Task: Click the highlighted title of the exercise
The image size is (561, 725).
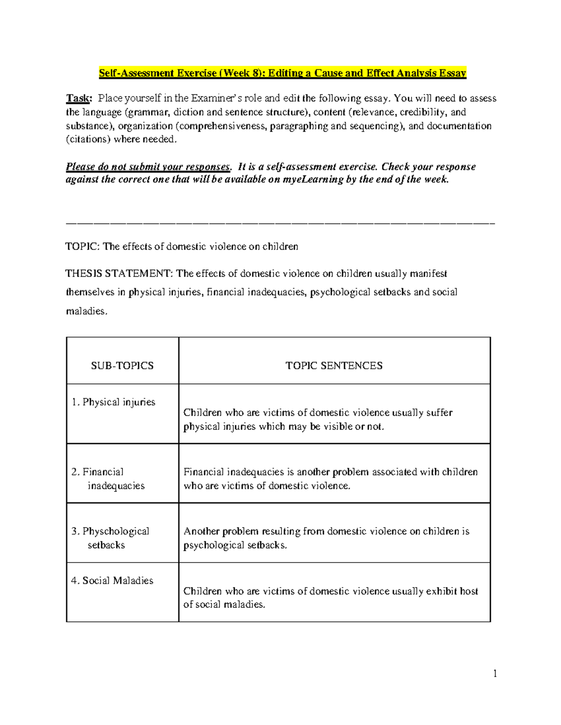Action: (282, 73)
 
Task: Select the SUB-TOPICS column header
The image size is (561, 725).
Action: (122, 366)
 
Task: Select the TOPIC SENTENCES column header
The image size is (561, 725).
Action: (334, 366)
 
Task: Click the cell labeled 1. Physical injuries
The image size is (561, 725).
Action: (113, 402)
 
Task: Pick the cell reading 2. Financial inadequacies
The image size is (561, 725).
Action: (108, 479)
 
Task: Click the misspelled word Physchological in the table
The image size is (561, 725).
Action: (115, 531)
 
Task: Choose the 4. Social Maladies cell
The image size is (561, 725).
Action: (112, 581)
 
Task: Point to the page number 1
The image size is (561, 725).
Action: (495, 673)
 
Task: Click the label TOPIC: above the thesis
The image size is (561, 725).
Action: (82, 246)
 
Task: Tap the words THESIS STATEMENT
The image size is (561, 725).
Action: (119, 274)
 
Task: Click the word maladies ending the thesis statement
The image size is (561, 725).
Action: (86, 311)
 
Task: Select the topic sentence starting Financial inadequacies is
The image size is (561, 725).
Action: (330, 479)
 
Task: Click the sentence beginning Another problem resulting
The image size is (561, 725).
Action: (326, 538)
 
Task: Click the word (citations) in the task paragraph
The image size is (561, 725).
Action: (88, 140)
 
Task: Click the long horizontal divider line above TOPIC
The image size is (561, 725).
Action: (280, 224)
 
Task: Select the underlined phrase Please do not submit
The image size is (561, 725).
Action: (148, 167)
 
